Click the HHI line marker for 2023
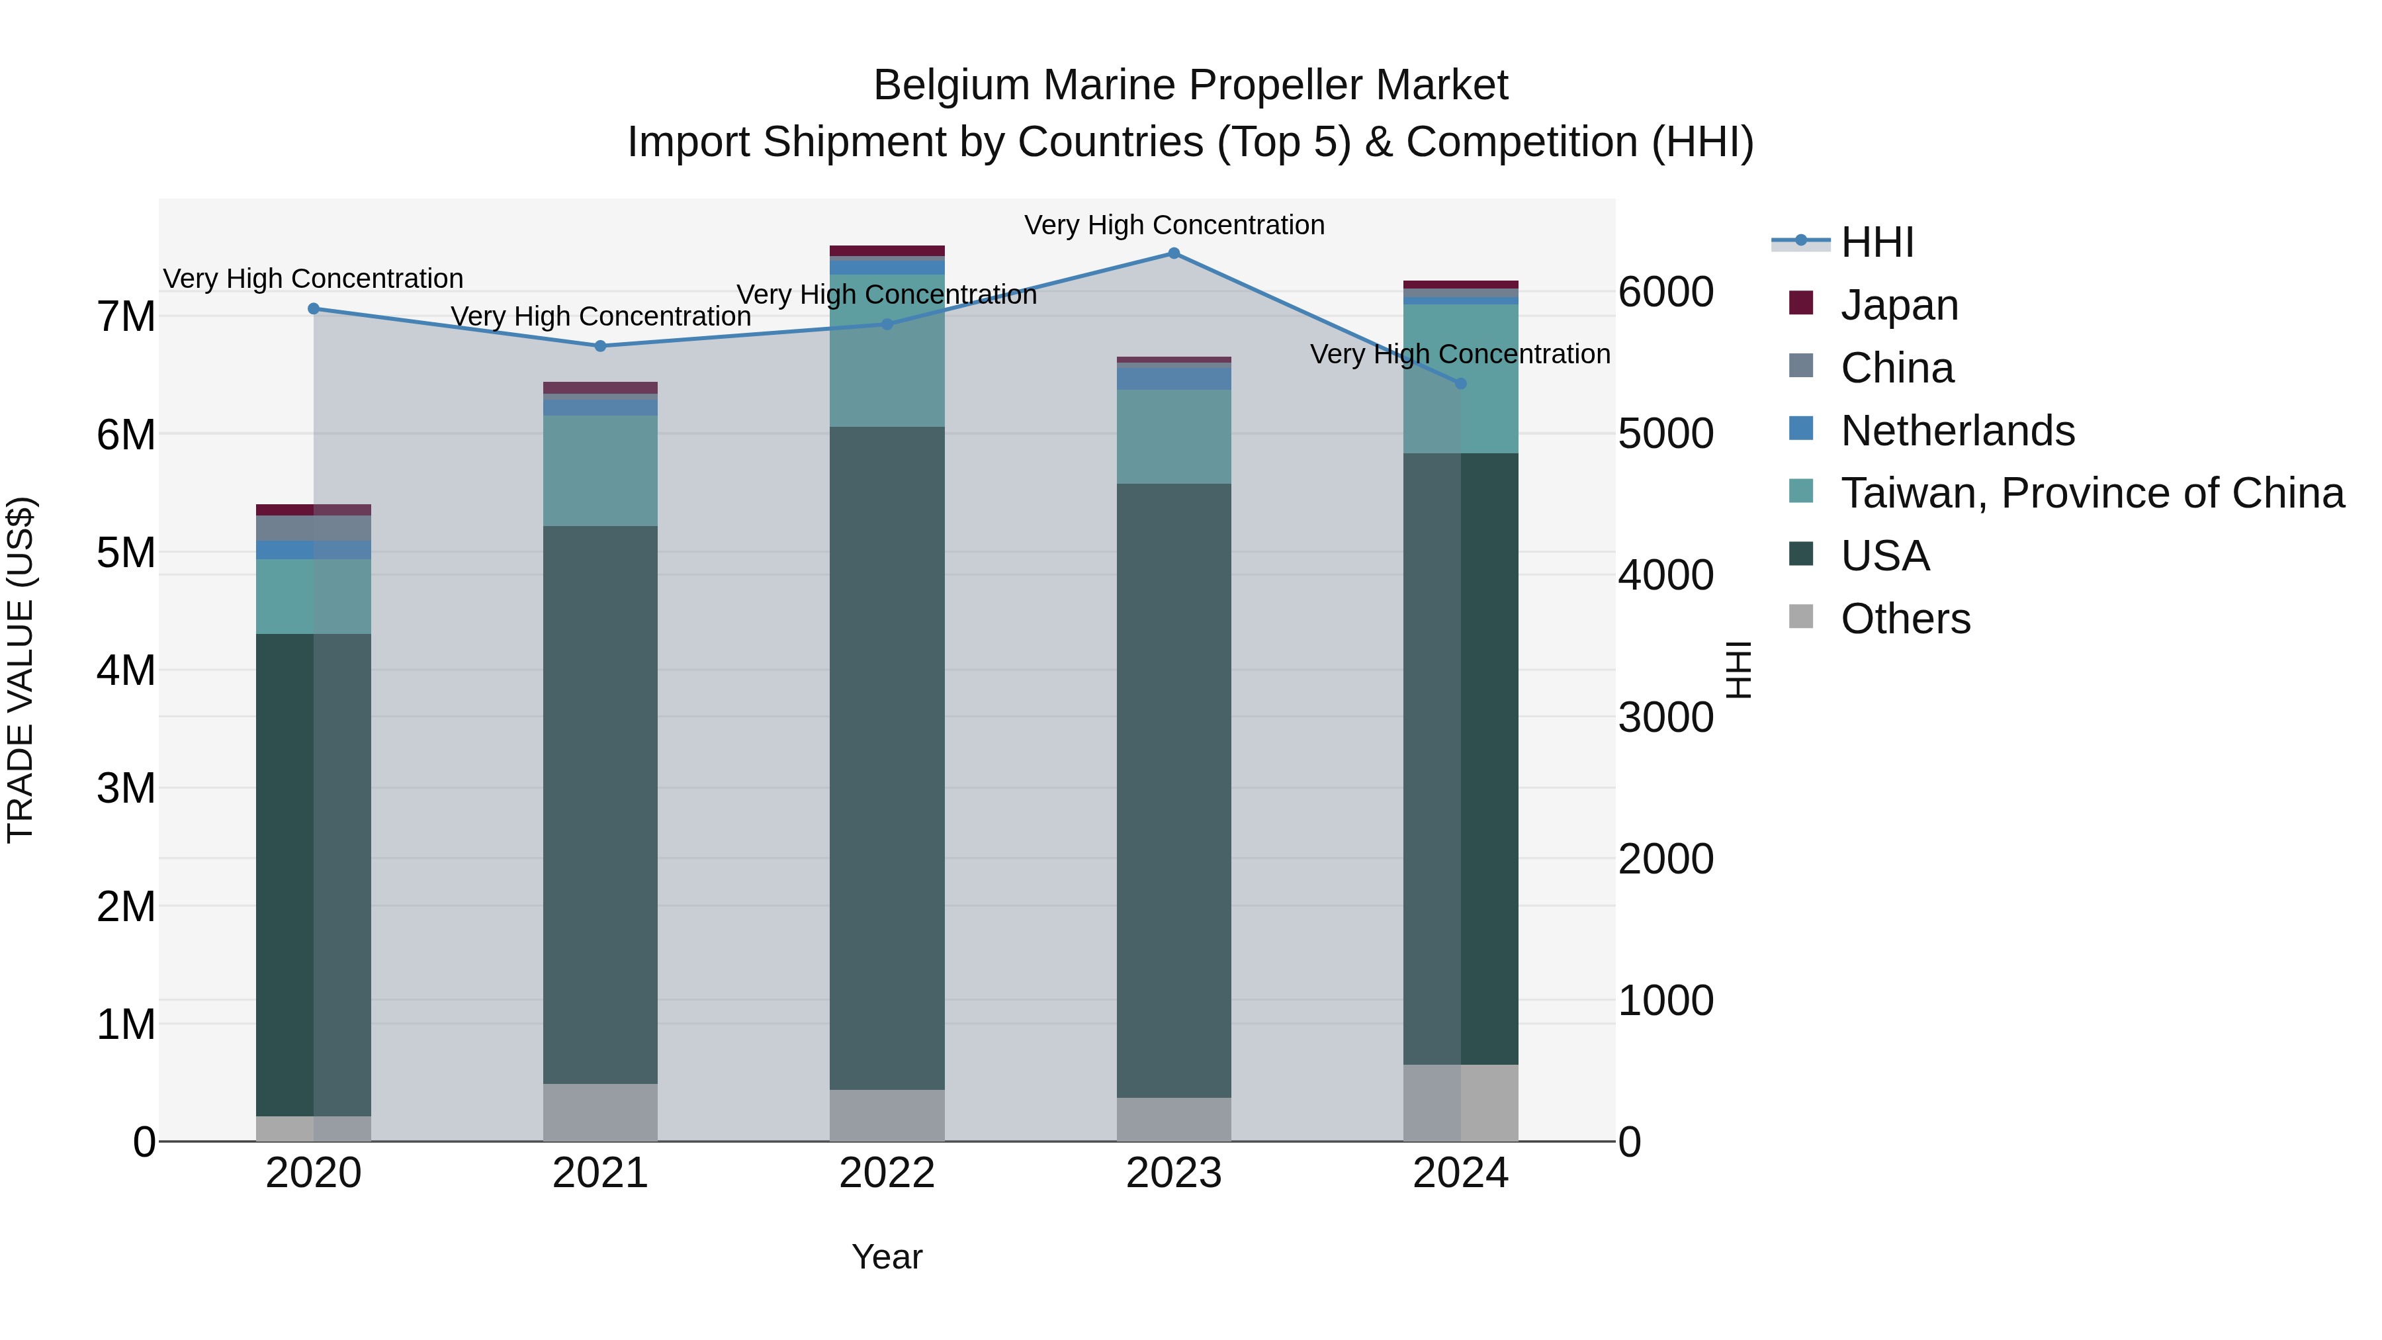coord(1173,253)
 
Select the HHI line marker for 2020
coord(314,309)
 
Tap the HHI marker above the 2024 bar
coord(1460,383)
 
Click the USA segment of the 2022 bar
coord(887,758)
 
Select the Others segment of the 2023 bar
coord(1173,1119)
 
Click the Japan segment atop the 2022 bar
coord(887,251)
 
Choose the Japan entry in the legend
coord(1898,305)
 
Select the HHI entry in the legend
coord(1876,242)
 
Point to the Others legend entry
coord(1905,619)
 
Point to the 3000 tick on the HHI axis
coord(1665,717)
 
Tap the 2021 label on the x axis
coord(600,1173)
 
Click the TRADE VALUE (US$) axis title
coord(21,670)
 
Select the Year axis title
coord(887,1257)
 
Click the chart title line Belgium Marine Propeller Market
coord(1190,85)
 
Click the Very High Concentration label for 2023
coord(1173,225)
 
